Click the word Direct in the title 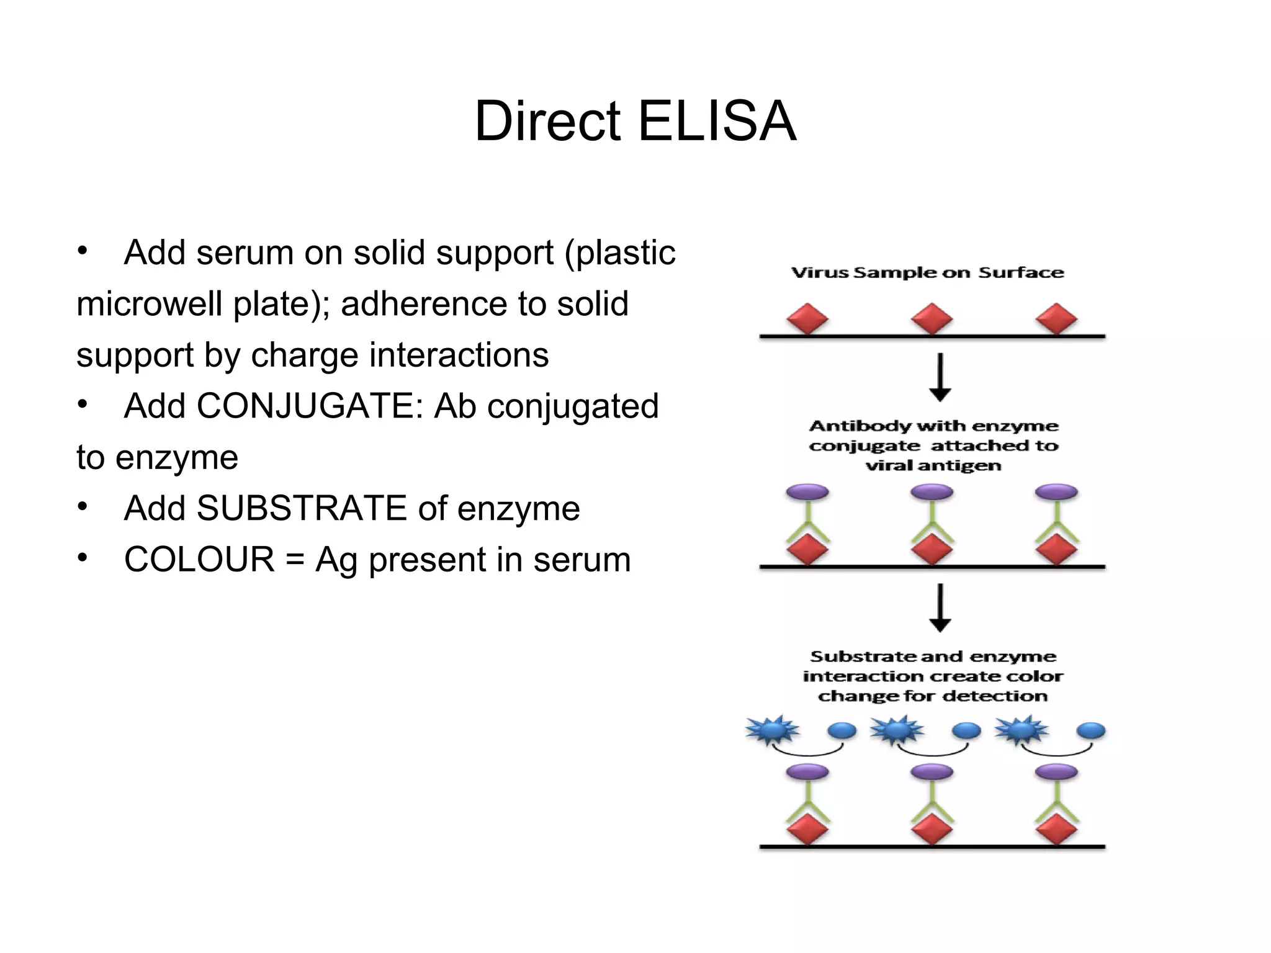coord(547,122)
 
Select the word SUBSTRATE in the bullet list coord(301,509)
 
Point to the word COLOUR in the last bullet coord(199,560)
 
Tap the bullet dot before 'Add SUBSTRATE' coord(83,507)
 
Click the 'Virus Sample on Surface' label coord(927,273)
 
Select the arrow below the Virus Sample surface coord(940,377)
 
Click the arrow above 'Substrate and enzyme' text coord(940,607)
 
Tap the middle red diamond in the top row coord(932,319)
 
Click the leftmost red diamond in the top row coord(807,319)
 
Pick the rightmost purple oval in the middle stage coord(1056,493)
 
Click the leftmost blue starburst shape coord(773,730)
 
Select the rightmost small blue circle coord(1090,731)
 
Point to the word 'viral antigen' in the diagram coord(933,466)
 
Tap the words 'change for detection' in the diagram coord(932,696)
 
